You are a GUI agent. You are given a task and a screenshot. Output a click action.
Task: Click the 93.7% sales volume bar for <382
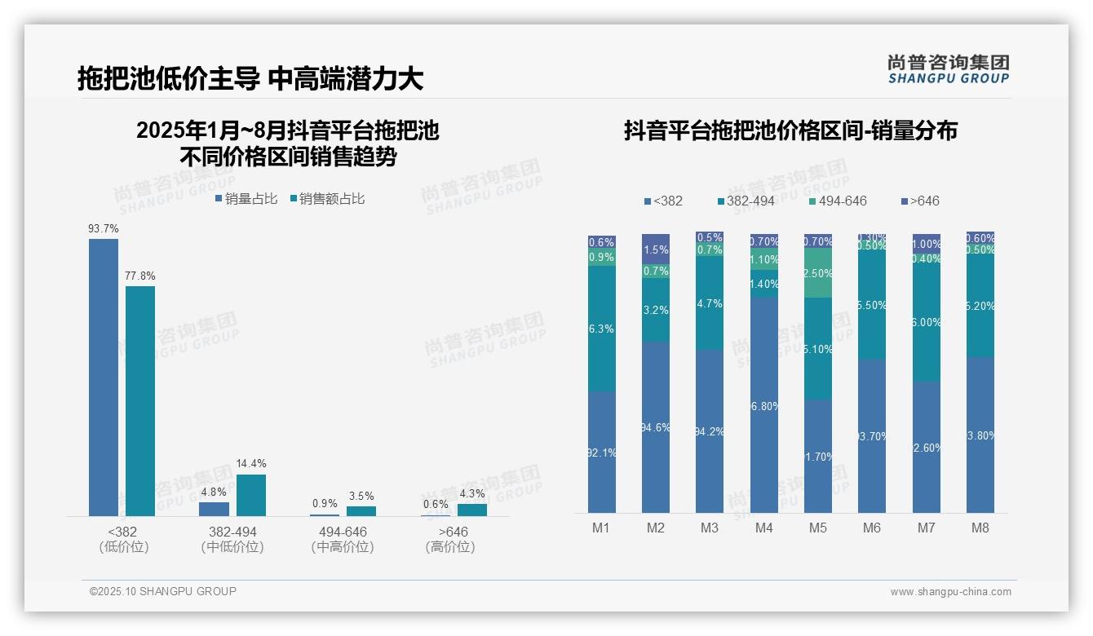coord(104,377)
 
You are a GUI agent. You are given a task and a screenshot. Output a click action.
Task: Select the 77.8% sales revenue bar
coord(140,400)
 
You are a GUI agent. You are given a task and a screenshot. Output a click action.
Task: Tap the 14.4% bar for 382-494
coord(250,495)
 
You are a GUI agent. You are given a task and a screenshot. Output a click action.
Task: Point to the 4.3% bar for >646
coord(471,510)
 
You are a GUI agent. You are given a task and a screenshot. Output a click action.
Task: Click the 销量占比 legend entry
coord(246,199)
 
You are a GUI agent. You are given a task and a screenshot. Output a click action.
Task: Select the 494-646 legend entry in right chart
coord(838,201)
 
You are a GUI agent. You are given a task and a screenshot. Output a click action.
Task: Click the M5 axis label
coord(817,528)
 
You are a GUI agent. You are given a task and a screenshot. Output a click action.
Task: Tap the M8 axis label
coord(980,528)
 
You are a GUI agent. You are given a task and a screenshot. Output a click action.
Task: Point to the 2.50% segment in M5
coord(818,273)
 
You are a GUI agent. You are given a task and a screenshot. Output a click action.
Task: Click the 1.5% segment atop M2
coord(656,249)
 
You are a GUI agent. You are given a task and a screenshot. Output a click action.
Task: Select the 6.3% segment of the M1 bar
coord(602,329)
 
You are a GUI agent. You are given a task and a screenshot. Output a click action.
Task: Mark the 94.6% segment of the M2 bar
coord(656,426)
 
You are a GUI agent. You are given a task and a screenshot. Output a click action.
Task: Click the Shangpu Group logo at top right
coord(948,68)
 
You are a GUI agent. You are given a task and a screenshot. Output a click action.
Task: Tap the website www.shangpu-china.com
coord(950,592)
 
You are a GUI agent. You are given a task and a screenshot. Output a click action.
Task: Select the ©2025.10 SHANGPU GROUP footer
coord(163,591)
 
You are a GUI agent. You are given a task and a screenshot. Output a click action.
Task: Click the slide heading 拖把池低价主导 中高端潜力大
coord(250,79)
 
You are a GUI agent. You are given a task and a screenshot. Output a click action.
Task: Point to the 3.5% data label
coord(361,496)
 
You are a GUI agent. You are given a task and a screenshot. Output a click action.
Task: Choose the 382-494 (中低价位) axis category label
coord(232,539)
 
